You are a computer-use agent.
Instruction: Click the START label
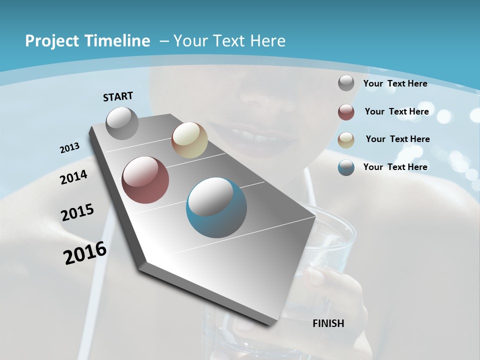coord(118,96)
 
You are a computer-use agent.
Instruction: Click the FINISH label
coord(328,323)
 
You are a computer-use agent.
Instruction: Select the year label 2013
coord(70,148)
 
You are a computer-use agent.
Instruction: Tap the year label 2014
coord(74,177)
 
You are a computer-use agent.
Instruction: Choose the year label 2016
coord(85,253)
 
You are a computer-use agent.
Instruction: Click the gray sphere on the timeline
coord(122,123)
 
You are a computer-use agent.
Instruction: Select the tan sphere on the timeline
coord(189,140)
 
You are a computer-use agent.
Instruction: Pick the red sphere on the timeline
coord(145,180)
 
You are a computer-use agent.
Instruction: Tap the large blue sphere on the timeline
coord(216,207)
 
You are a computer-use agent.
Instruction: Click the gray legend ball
coord(346,83)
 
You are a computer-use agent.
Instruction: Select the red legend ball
coord(346,111)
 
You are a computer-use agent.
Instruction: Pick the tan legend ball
coord(346,139)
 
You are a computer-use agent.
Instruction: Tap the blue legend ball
coord(346,167)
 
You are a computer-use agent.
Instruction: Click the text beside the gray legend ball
coord(395,83)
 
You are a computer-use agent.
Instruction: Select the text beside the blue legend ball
coord(395,167)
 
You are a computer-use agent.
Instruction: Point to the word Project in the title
coord(51,41)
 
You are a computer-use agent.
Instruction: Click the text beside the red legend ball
coord(397,111)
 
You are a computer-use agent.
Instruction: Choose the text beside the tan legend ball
coord(398,139)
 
